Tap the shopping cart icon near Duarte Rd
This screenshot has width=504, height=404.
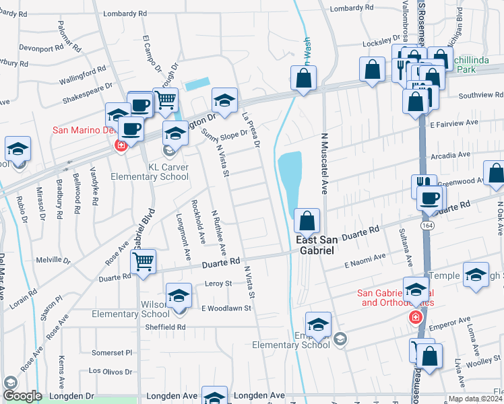(143, 261)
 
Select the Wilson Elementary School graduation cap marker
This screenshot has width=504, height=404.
(179, 295)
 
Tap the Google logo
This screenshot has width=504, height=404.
(22, 396)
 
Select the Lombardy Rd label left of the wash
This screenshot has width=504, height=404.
(125, 13)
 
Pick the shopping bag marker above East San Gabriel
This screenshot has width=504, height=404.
(307, 221)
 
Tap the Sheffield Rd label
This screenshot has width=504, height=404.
(167, 327)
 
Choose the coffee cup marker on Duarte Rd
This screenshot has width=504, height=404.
(429, 198)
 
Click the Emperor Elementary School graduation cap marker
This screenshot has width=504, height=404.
(318, 324)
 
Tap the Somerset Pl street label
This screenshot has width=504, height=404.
(112, 352)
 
